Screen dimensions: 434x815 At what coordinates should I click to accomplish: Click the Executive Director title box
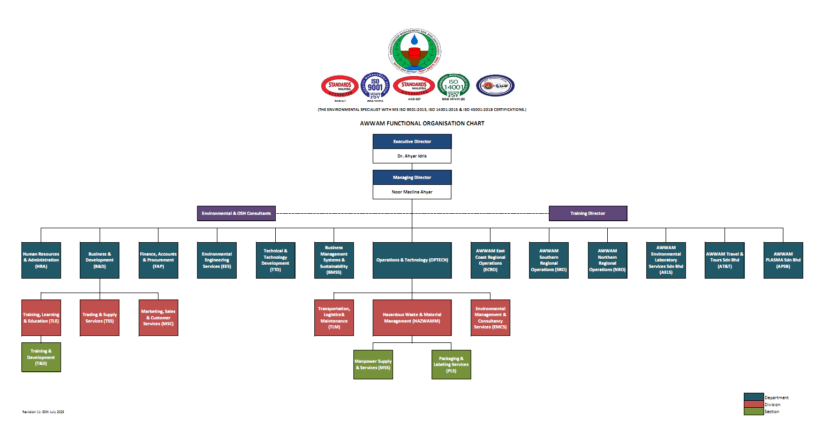tap(412, 141)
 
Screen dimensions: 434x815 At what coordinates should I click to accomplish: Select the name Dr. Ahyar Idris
tap(412, 156)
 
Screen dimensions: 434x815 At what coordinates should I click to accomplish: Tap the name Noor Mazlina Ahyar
tap(412, 192)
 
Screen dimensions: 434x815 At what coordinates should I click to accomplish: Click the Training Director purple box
tap(587, 213)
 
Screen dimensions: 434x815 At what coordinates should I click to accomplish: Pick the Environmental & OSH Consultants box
tap(236, 213)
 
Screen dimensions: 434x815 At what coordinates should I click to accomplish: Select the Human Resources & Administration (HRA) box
tap(41, 260)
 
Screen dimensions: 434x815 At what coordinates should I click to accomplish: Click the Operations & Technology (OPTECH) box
tap(412, 260)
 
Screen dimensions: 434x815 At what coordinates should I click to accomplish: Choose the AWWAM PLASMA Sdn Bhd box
tap(783, 260)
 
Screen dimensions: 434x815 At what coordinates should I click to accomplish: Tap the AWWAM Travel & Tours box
tap(725, 260)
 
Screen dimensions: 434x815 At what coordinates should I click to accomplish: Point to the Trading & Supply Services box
tap(100, 318)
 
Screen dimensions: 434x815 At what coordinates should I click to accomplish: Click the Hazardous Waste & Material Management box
tap(412, 318)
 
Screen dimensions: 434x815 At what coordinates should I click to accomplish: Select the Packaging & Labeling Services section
tap(451, 364)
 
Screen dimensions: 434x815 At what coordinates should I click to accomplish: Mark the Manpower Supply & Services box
tap(373, 364)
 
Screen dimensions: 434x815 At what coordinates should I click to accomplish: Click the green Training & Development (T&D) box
tap(41, 357)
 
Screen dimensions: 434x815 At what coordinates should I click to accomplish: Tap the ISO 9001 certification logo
tap(375, 86)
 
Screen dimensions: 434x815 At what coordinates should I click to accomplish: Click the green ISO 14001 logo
tap(453, 86)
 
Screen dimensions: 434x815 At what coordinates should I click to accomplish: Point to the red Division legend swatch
tap(753, 405)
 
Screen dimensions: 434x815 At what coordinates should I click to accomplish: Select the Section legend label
tap(772, 411)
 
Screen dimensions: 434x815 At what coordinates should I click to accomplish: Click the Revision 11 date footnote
tap(43, 411)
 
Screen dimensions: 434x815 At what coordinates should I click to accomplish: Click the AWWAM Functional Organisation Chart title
tap(422, 123)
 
